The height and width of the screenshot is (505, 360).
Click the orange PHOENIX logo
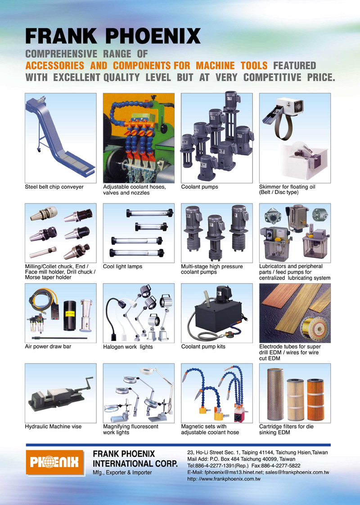click(x=55, y=463)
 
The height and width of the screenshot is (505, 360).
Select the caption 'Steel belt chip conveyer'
click(x=54, y=187)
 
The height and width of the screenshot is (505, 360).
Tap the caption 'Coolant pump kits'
click(x=203, y=347)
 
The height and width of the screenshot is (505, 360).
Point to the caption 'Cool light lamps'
click(x=122, y=266)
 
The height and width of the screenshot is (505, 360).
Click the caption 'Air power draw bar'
click(x=48, y=347)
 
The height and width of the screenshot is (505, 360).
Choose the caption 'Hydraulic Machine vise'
click(x=53, y=426)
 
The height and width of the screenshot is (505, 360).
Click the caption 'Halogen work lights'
click(x=128, y=347)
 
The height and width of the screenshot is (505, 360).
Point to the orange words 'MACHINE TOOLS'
click(x=231, y=65)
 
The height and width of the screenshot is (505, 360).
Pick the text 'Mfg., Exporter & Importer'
click(x=122, y=473)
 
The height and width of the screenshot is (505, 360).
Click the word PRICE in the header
click(x=321, y=77)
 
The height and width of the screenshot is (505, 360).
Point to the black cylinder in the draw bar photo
click(x=70, y=316)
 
